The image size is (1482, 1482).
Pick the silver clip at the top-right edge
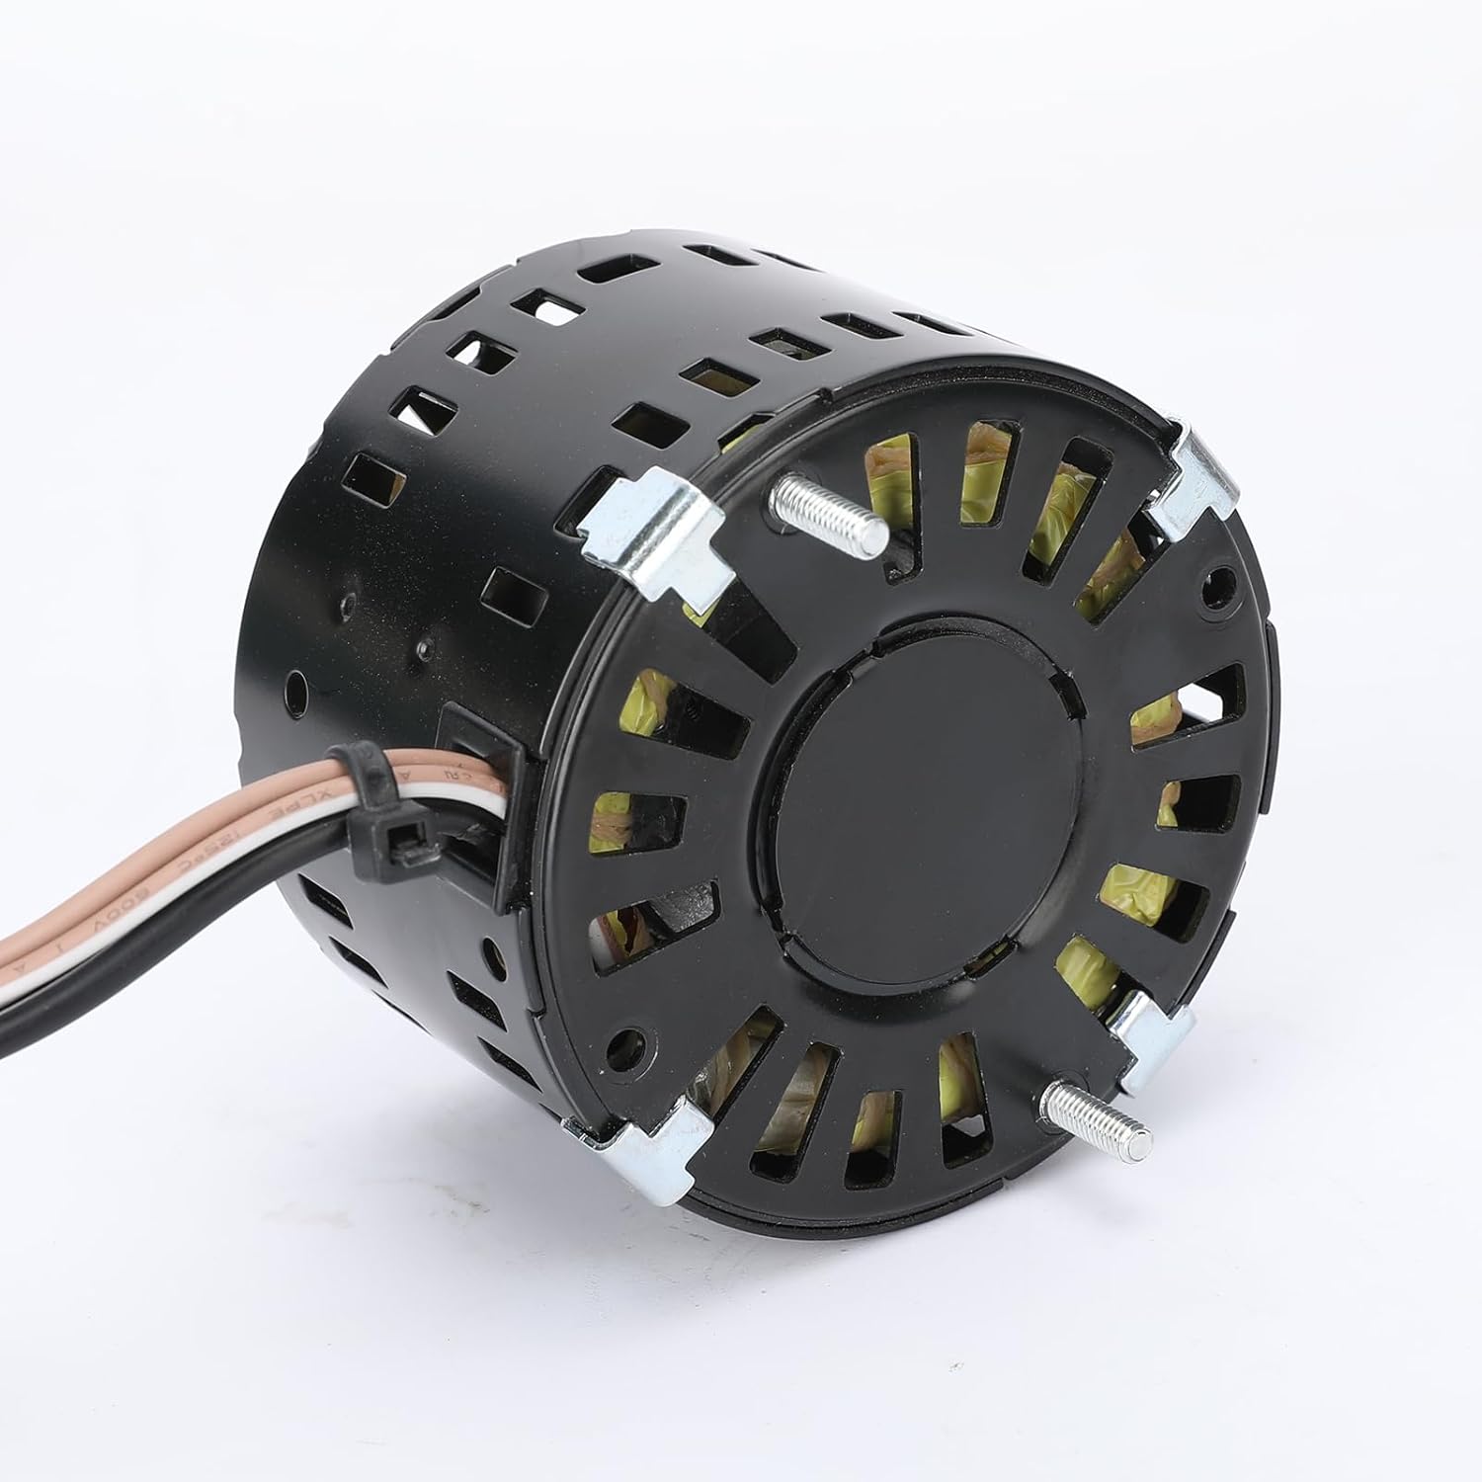click(1193, 487)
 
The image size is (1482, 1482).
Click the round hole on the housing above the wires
click(293, 684)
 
